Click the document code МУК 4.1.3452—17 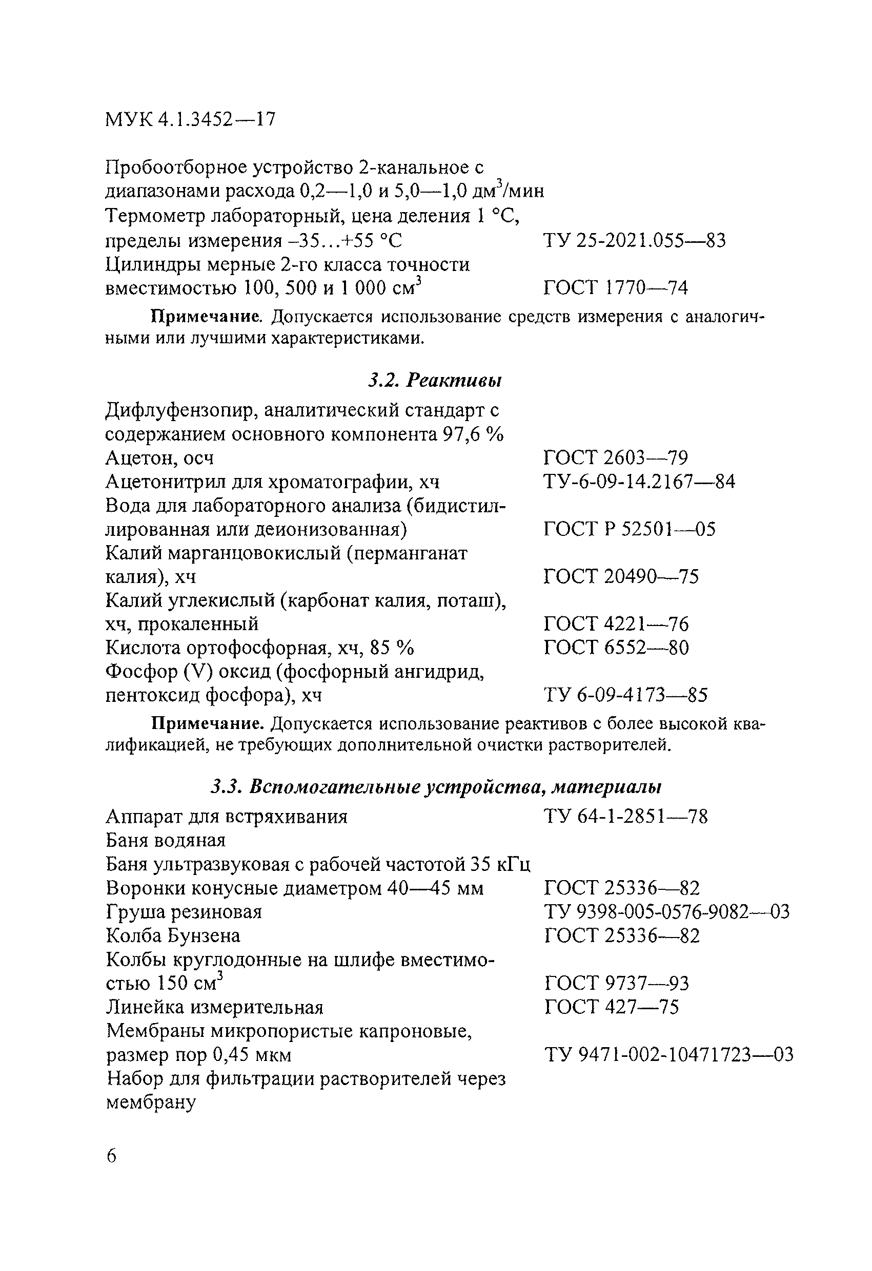coord(190,119)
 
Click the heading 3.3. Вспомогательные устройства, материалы coord(436,787)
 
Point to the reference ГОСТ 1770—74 coord(616,288)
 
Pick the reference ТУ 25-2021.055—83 coord(635,241)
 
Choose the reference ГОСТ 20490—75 coord(621,576)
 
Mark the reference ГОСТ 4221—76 coord(616,624)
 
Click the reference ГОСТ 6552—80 coord(616,648)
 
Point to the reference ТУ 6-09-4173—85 coord(625,695)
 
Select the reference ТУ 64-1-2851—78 coord(625,817)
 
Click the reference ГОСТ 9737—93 coord(617,983)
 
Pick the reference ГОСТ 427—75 coord(612,1007)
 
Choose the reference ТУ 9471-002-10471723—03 coord(669,1054)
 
